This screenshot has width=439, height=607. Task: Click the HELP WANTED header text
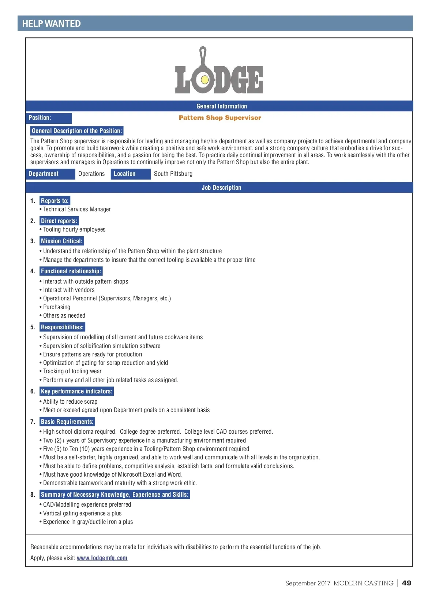click(x=51, y=24)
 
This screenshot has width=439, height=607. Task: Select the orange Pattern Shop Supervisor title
click(x=220, y=118)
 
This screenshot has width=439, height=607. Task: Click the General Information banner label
click(x=222, y=106)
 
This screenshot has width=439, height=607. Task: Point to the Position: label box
click(x=48, y=118)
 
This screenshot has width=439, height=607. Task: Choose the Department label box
click(x=50, y=174)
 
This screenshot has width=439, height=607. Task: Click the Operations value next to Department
click(x=91, y=174)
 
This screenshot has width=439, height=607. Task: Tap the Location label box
click(x=130, y=174)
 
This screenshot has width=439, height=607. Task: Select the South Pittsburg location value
click(x=173, y=174)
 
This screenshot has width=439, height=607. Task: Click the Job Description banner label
click(x=221, y=188)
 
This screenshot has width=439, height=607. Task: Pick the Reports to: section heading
click(x=55, y=201)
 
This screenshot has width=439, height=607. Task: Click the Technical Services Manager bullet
click(x=77, y=209)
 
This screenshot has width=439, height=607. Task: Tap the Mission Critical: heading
click(x=62, y=241)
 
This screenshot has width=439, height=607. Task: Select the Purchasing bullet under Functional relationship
click(x=57, y=307)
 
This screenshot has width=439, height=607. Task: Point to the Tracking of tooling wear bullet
click(x=72, y=371)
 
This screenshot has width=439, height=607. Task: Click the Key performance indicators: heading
click(x=76, y=391)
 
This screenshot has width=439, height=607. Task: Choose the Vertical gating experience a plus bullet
click(x=82, y=513)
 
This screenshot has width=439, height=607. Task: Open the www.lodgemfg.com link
click(x=102, y=558)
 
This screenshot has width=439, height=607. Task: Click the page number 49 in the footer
click(x=406, y=583)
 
